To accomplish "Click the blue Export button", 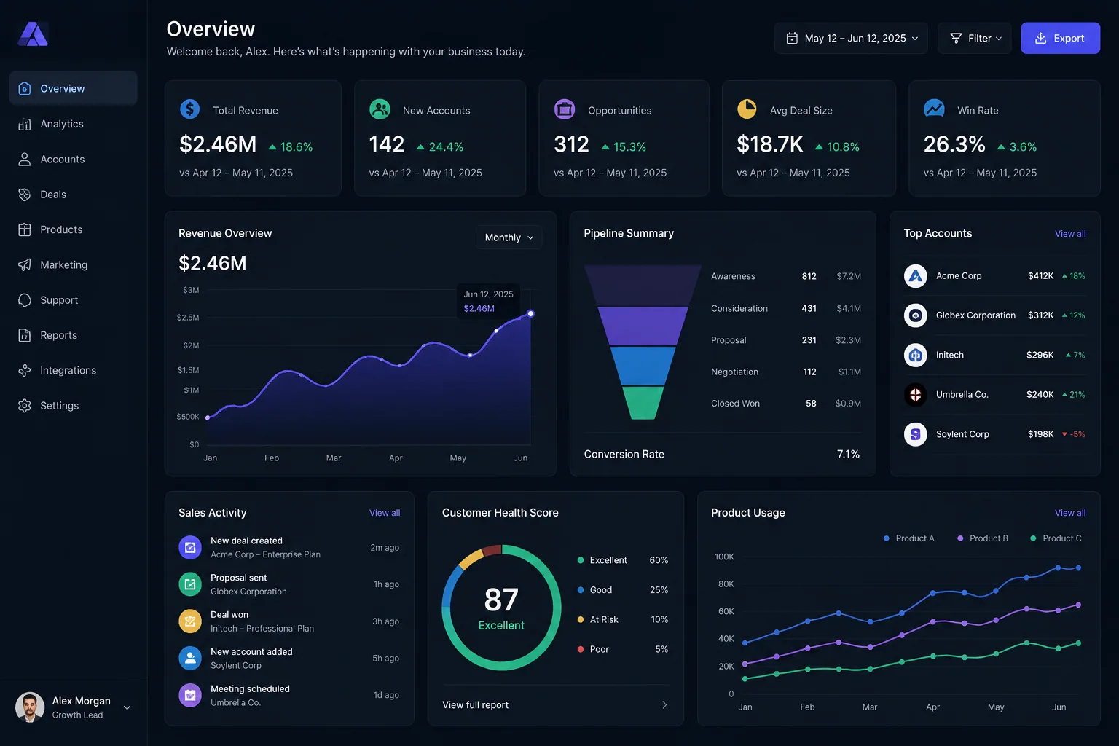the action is [x=1060, y=38].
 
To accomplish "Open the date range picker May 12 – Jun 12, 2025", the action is [x=851, y=38].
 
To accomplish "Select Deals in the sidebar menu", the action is [x=53, y=195].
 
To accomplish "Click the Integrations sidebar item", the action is [x=68, y=370].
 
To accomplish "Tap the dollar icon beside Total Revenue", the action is [x=190, y=109].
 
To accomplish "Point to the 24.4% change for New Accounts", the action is [x=440, y=147].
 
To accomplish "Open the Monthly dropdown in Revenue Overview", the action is [x=509, y=237].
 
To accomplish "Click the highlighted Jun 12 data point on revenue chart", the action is [x=530, y=314].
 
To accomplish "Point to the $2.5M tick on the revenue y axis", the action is [x=188, y=318].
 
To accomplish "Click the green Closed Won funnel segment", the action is [x=643, y=403].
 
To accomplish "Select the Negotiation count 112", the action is [x=809, y=372].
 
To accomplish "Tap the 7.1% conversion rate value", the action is [x=848, y=454].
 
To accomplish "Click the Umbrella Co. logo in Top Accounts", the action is [x=915, y=395].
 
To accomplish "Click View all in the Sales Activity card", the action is [x=385, y=513].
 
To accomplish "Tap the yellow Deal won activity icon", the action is [x=190, y=621].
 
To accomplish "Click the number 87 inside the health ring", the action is [x=501, y=600].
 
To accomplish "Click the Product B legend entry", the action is [x=983, y=538].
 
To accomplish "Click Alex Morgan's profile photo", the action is [x=29, y=707].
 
